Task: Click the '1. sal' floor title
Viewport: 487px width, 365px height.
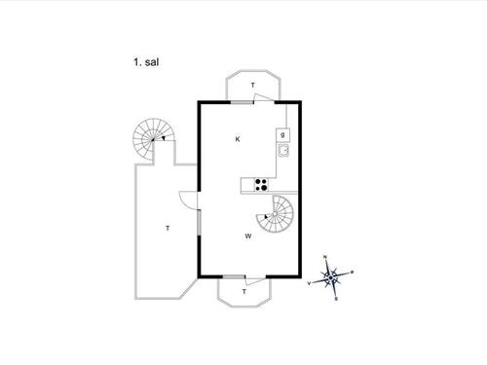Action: click(x=147, y=61)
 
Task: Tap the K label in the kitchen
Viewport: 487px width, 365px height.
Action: click(x=237, y=140)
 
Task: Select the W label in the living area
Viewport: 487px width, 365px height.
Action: click(x=248, y=236)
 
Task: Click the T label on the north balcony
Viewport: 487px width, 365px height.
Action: click(x=253, y=87)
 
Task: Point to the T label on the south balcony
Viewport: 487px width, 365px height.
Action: click(x=243, y=290)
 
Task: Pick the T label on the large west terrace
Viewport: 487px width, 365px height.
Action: click(x=167, y=228)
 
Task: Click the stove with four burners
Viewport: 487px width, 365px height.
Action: click(x=260, y=184)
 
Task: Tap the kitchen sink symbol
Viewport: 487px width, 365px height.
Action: click(x=283, y=151)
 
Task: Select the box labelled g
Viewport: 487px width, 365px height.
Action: click(x=283, y=134)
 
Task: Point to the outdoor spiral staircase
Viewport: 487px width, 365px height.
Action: click(x=151, y=141)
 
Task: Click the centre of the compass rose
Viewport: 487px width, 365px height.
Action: click(x=332, y=277)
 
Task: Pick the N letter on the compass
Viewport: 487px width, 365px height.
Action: click(x=326, y=258)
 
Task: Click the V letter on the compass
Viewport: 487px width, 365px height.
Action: click(x=310, y=283)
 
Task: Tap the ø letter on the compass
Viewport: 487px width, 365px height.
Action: click(x=353, y=273)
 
